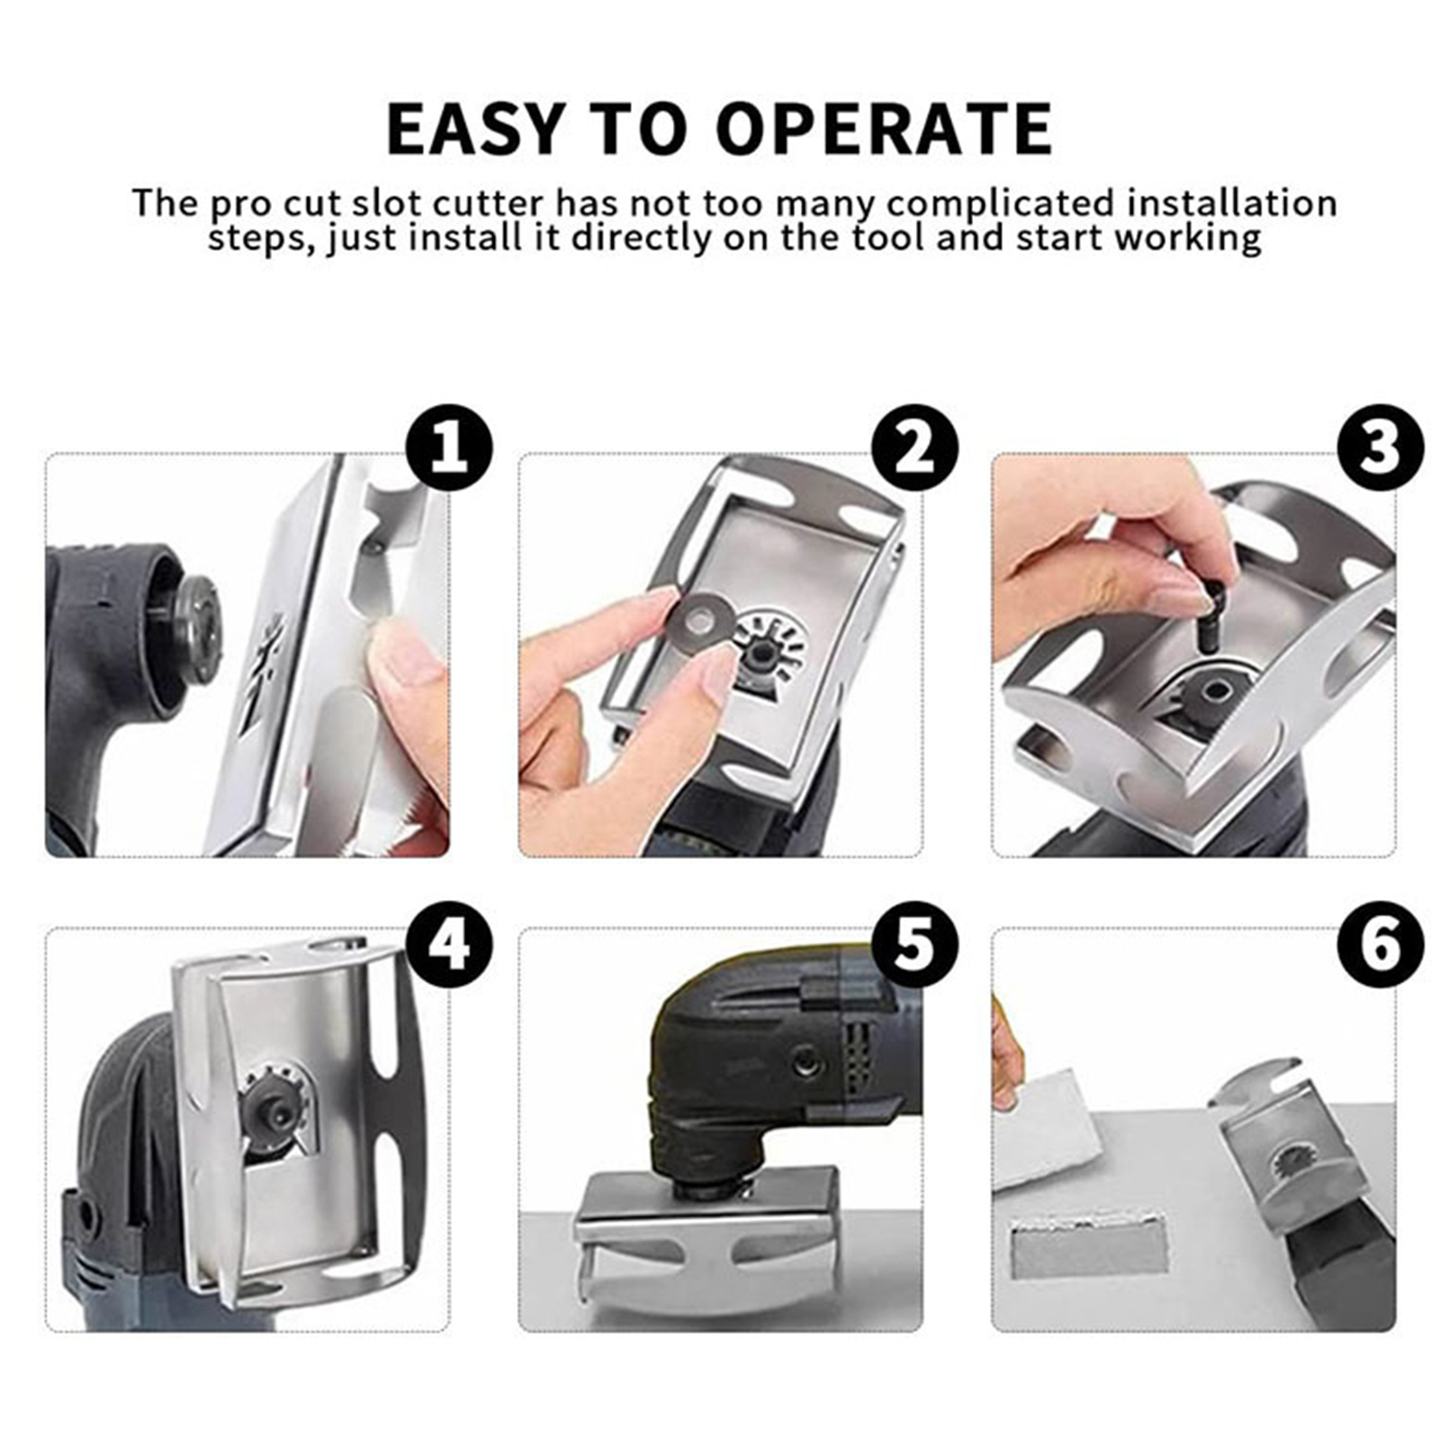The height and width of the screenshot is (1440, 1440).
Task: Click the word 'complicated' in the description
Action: pyautogui.click(x=1000, y=203)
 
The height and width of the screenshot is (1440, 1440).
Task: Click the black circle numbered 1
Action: pyautogui.click(x=449, y=447)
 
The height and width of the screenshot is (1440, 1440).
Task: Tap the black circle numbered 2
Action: pyautogui.click(x=914, y=447)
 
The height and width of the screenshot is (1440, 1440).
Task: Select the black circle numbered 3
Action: pyautogui.click(x=1381, y=447)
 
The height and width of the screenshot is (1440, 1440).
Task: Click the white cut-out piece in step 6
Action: pyautogui.click(x=1053, y=1125)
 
